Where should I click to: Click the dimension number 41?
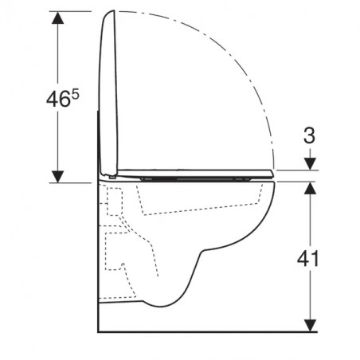click(x=307, y=259)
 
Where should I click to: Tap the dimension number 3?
click(x=309, y=135)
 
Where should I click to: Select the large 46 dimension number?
click(x=59, y=100)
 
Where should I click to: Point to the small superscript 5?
click(x=76, y=95)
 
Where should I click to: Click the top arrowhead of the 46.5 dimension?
click(x=57, y=18)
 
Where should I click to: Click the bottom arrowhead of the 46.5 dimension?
click(x=57, y=177)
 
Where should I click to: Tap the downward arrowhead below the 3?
click(x=310, y=164)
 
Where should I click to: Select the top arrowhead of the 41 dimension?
click(x=310, y=188)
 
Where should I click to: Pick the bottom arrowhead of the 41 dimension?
click(x=310, y=326)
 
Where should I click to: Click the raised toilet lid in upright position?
click(x=108, y=93)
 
